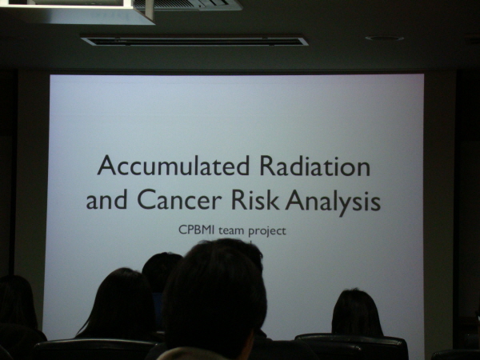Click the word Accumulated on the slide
point(174,166)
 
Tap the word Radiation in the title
point(315,166)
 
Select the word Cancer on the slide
point(179,199)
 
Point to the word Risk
point(254,199)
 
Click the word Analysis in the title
point(333,202)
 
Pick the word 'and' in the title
point(106,199)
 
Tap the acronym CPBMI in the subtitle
point(197,230)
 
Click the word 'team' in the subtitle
point(231,230)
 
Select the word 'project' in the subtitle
point(267,231)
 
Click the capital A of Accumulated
point(107,166)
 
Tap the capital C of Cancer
point(146,199)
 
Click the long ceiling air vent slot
point(194,41)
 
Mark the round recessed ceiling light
point(384,38)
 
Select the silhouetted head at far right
point(357,312)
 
